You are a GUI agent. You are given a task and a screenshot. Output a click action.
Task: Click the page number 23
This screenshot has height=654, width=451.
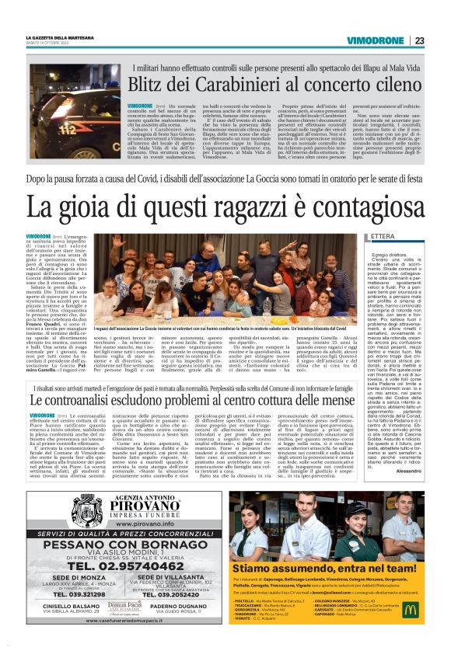(x=418, y=40)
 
